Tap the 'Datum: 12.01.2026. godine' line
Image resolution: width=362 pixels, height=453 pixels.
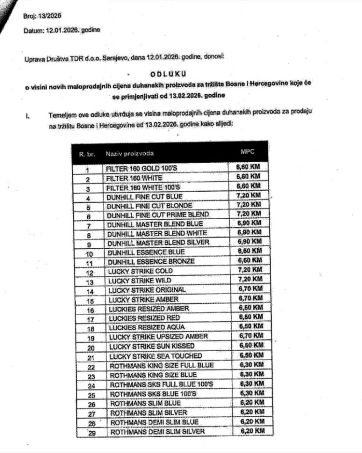(x=61, y=31)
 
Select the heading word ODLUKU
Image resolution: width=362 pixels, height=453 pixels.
(x=169, y=73)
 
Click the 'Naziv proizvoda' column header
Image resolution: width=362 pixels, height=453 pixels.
(x=130, y=154)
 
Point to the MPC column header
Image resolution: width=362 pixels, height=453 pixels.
(x=247, y=152)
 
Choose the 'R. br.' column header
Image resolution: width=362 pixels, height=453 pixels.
(x=87, y=154)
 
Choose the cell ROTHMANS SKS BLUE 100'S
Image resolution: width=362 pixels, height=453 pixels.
(x=154, y=394)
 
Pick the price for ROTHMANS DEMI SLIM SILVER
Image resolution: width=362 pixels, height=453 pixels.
(x=251, y=431)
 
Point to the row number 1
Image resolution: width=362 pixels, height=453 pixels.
(x=88, y=170)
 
